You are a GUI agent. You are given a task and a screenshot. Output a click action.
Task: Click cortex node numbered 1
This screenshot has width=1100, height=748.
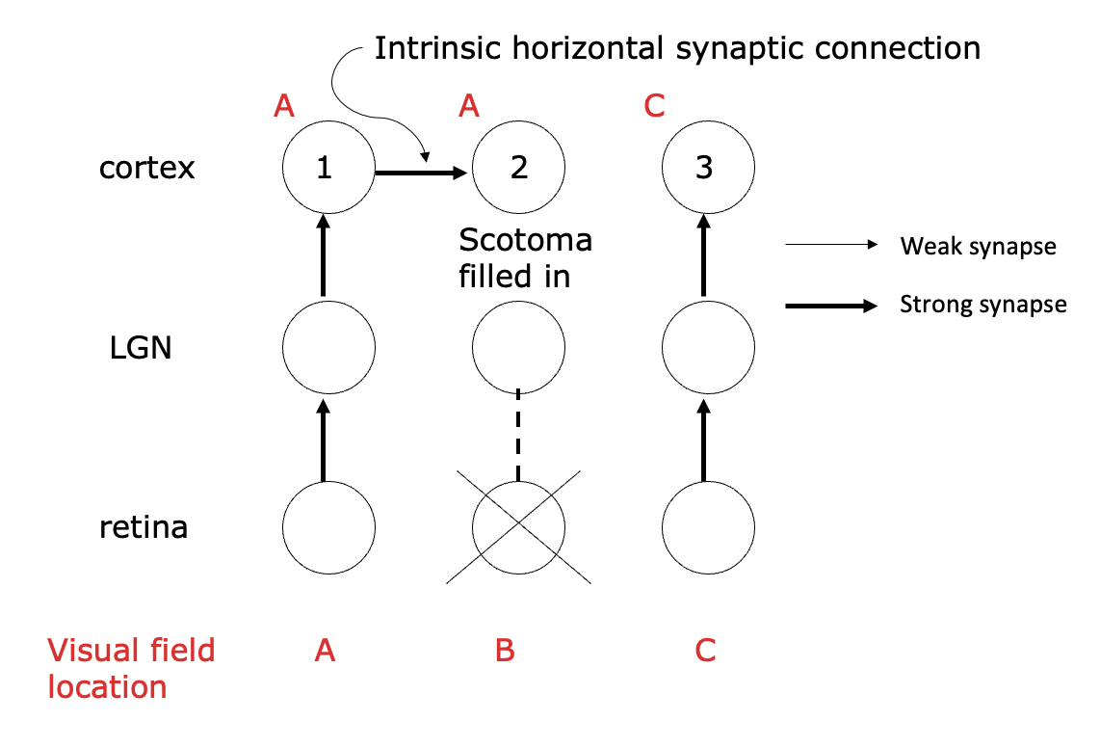[325, 168]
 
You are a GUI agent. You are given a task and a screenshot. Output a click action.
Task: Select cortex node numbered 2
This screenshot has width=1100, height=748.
[519, 168]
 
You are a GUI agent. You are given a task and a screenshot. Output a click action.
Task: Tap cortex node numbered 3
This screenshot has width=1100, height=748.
[704, 168]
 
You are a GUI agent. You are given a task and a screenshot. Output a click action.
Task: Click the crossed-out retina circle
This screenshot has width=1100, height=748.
[519, 526]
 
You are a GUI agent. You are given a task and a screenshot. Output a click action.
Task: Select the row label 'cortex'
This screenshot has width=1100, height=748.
[146, 168]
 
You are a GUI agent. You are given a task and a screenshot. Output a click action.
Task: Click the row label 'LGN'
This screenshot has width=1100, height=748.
[141, 347]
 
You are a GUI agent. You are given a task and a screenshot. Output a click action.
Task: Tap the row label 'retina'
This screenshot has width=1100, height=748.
[144, 527]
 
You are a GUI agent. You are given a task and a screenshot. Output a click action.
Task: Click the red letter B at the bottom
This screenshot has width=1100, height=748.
[505, 652]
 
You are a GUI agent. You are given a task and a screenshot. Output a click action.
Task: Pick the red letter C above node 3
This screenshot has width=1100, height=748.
[654, 106]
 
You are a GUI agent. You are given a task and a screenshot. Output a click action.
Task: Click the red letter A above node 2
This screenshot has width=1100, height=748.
[469, 106]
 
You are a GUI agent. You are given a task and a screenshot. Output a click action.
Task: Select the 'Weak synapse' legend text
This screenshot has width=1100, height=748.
[978, 247]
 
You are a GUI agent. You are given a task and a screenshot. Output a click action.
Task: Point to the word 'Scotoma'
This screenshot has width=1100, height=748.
[525, 240]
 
